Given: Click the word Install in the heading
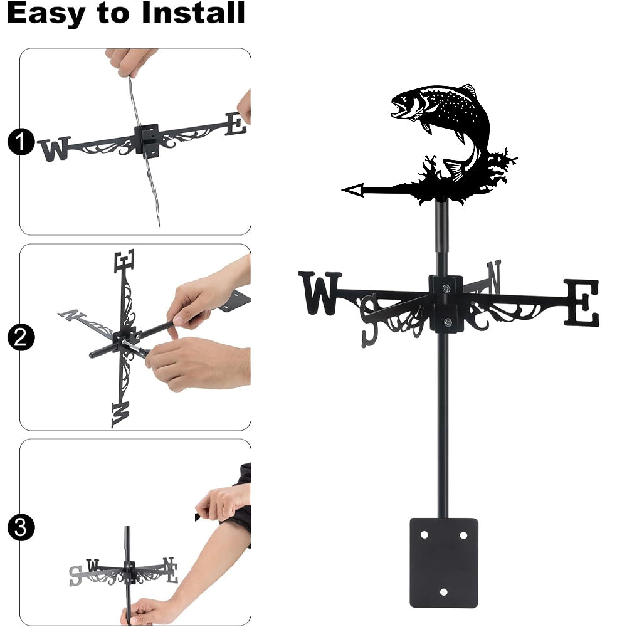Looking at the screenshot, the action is [193, 13].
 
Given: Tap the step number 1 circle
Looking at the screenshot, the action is [21, 142].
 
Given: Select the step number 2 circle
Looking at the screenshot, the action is [21, 337].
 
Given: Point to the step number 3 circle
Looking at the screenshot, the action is [21, 527].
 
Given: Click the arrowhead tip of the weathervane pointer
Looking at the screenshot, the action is [343, 191].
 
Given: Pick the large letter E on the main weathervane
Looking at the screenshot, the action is [582, 303].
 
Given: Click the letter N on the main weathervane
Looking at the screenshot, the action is [494, 277].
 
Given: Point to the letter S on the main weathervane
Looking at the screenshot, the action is [369, 320].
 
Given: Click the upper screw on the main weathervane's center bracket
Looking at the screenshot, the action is [446, 288].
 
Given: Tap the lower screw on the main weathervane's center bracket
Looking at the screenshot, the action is [448, 322].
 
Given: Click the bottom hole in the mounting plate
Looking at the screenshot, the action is [443, 592].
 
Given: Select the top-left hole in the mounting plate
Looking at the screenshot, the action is [424, 535].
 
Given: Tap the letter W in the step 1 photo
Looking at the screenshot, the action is [55, 149].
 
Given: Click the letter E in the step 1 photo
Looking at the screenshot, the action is [235, 124].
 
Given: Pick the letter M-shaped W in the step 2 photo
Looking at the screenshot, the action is [121, 414].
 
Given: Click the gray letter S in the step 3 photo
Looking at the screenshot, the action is [75, 576].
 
